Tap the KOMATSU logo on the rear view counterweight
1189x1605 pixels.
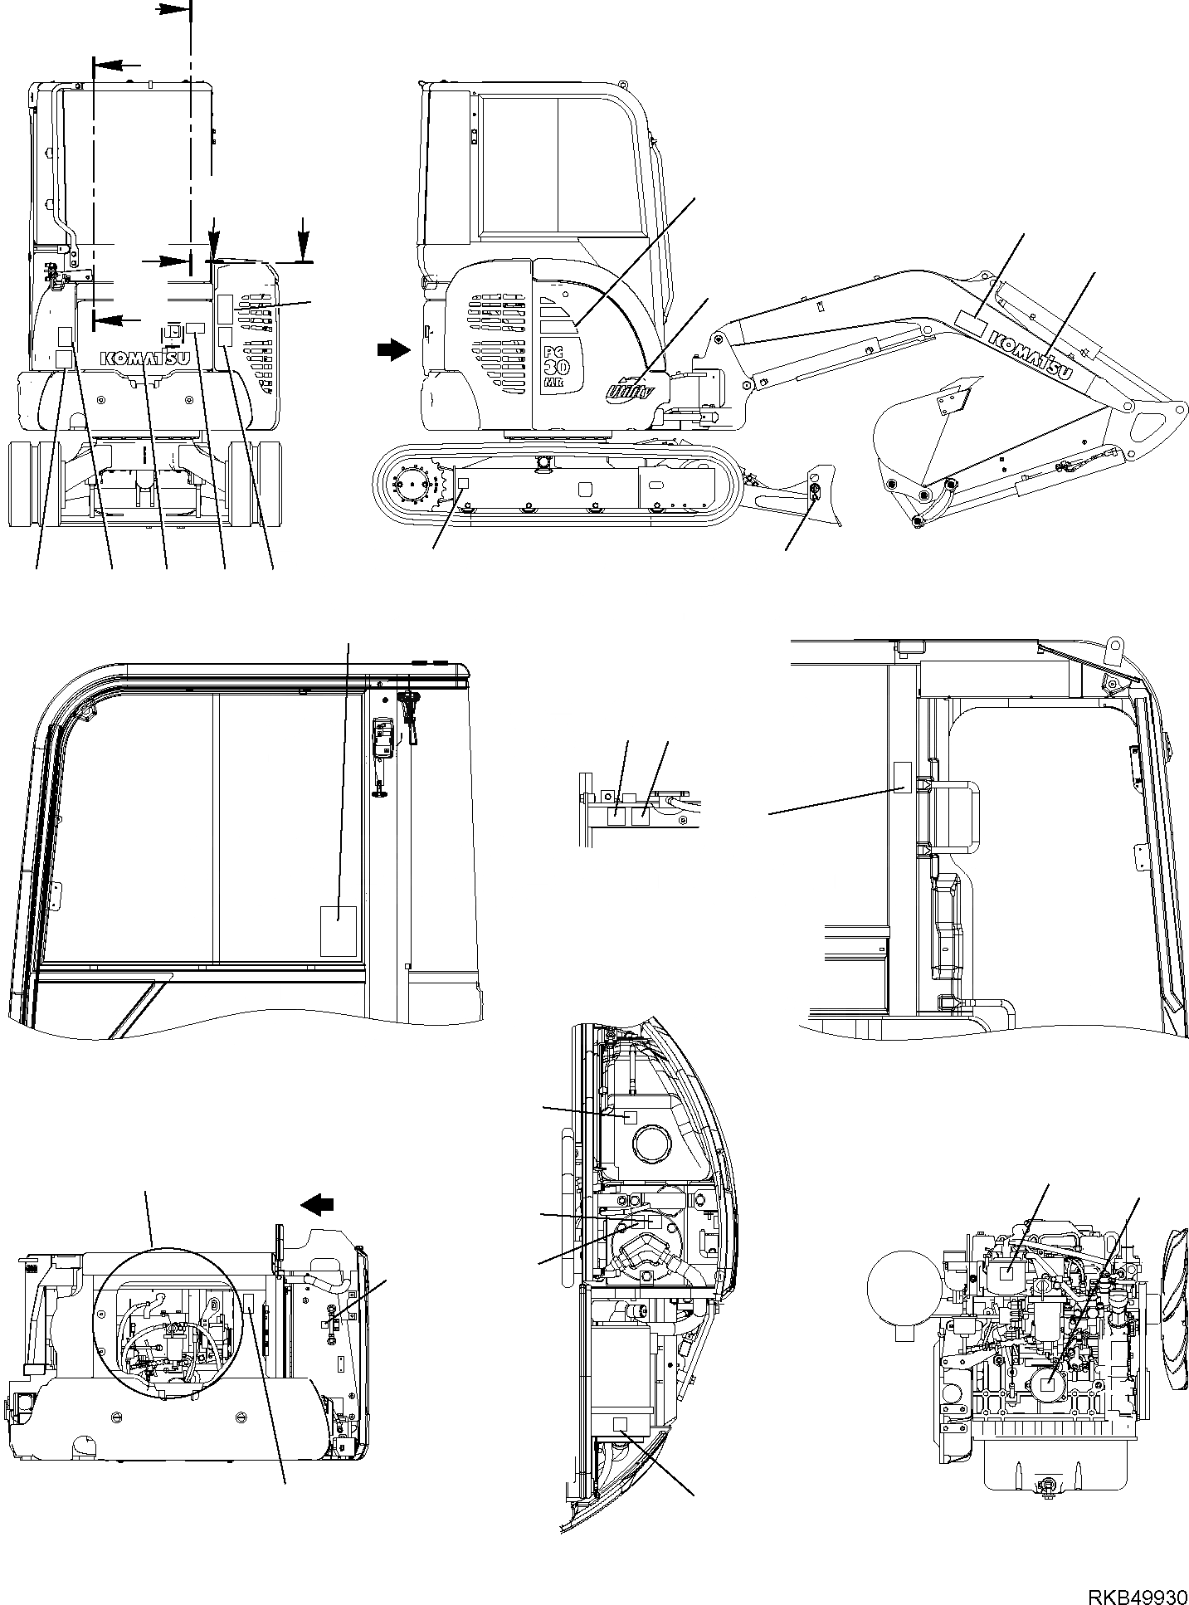(x=146, y=359)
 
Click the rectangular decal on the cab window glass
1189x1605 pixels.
(x=339, y=931)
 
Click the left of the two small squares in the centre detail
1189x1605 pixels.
(x=616, y=816)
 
